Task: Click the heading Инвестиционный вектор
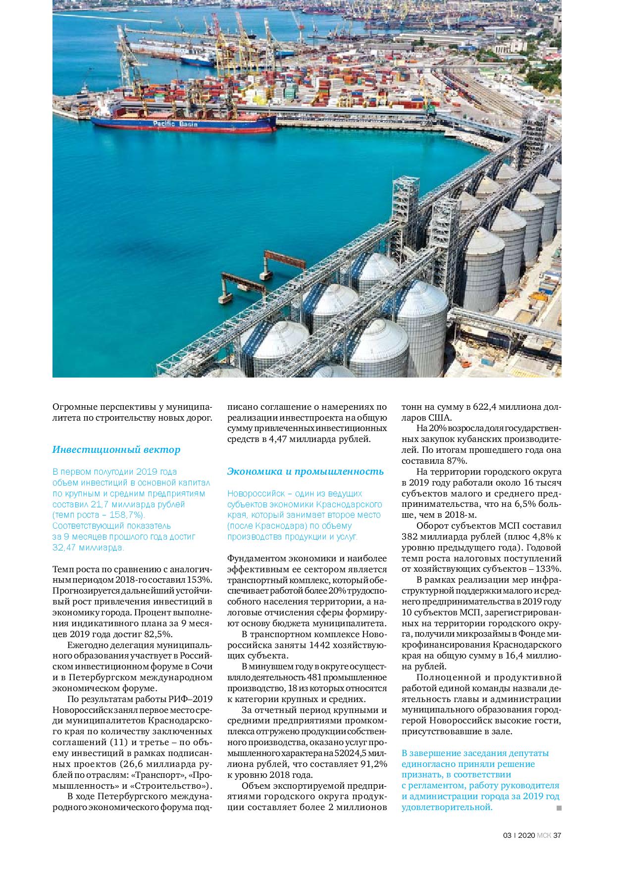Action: point(116,450)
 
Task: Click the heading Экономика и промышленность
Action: point(305,471)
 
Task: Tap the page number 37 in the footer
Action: point(557,835)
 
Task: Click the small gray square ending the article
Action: point(559,808)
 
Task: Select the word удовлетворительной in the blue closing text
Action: point(447,808)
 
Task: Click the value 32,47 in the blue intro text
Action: point(66,547)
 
